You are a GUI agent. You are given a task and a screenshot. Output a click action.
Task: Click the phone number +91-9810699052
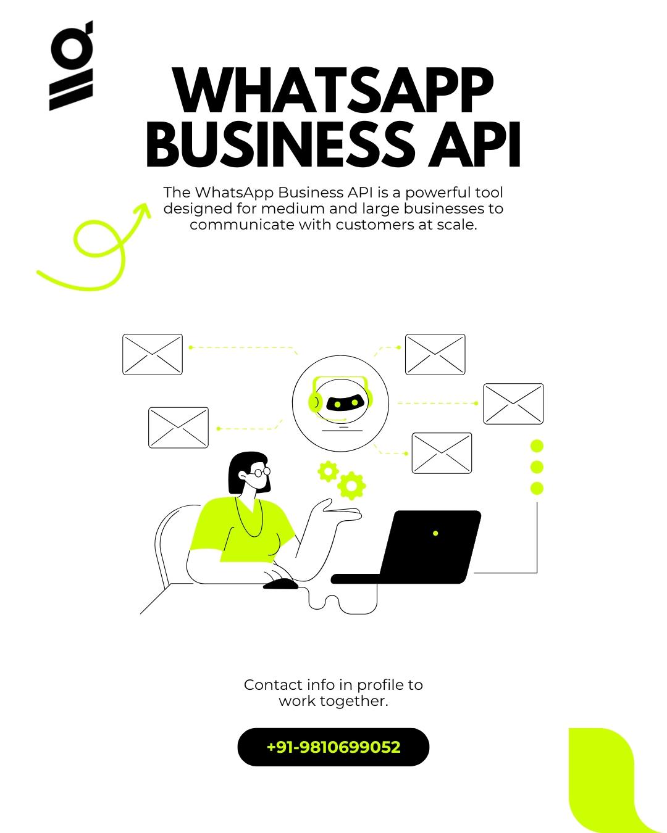333,747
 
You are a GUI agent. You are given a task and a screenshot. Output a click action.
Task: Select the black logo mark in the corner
71,65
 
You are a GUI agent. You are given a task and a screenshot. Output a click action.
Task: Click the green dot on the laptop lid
435,533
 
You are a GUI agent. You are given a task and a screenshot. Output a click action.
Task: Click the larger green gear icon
351,486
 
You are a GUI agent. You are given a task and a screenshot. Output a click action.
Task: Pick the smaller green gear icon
329,471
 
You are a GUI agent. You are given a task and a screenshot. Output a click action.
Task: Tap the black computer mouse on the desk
281,584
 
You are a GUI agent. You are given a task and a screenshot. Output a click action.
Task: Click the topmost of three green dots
537,446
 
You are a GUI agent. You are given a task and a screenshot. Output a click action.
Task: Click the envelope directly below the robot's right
442,453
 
